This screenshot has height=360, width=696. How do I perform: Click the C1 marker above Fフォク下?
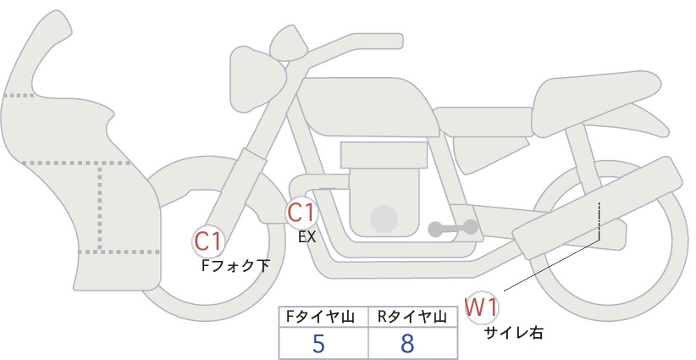click(x=208, y=241)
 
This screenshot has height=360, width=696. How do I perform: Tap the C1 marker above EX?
click(x=301, y=212)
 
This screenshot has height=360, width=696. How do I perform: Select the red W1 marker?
click(x=482, y=307)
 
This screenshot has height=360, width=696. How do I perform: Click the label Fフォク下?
click(x=235, y=265)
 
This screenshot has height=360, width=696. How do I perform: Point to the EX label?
click(x=307, y=237)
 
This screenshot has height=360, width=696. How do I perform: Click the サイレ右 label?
click(x=514, y=333)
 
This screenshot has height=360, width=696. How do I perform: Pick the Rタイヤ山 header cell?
click(x=413, y=317)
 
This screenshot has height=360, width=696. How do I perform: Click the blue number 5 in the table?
click(x=318, y=343)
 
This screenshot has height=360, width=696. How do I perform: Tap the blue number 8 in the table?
click(x=407, y=343)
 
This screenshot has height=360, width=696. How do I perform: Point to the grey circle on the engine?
click(x=384, y=219)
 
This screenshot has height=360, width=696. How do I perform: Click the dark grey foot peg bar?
click(x=453, y=228)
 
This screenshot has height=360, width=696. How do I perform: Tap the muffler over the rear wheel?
click(x=598, y=208)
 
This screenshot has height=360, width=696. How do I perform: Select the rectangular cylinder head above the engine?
click(x=384, y=155)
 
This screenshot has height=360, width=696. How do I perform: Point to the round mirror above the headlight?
click(x=289, y=43)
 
